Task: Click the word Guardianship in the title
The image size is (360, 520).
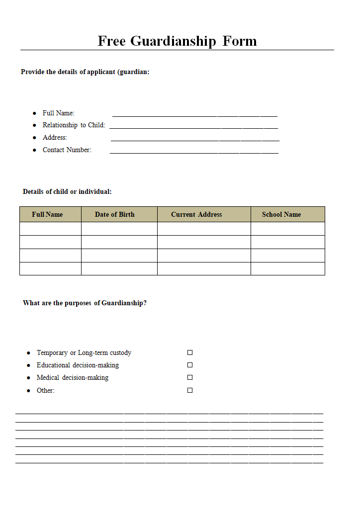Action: pos(173,41)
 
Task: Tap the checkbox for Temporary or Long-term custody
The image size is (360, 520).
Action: pos(190,352)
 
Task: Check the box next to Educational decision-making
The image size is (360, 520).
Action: pos(190,365)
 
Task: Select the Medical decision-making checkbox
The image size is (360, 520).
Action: pos(190,377)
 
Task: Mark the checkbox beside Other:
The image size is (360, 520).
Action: pos(190,390)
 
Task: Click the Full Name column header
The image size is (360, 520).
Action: pos(47,214)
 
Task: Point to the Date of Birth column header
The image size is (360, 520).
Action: pos(115,214)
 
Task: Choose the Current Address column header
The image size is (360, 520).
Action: pos(196,214)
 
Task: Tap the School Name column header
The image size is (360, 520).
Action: pos(281,214)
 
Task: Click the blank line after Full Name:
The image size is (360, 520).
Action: pos(194,115)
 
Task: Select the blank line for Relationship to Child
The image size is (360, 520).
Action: pos(193,127)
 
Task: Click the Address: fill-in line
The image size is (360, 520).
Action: pos(194,139)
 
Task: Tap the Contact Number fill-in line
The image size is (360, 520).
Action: pos(194,152)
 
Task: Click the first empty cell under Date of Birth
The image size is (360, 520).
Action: pos(119,229)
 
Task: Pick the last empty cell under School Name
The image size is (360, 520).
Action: pos(287,268)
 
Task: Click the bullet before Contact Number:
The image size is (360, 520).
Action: pos(34,150)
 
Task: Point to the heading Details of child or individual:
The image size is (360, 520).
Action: pos(67,191)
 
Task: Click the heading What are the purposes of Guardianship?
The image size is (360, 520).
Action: pos(85,303)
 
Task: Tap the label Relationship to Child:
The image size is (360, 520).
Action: pos(74,125)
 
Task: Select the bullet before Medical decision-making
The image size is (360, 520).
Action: pos(28,378)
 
